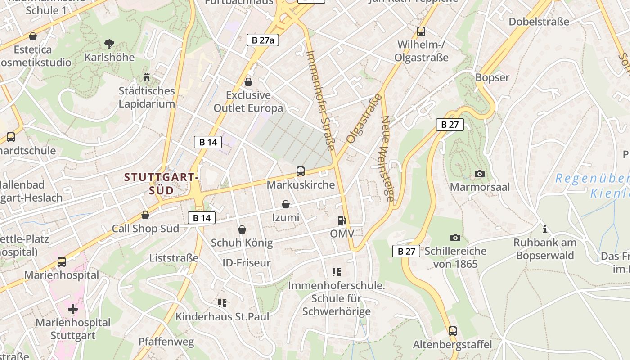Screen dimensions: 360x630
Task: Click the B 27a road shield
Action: coord(263,40)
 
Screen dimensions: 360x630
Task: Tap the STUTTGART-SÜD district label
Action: coord(162,184)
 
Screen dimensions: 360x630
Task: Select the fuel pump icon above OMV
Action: coord(342,220)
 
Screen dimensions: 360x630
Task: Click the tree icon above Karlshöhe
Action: coord(109,44)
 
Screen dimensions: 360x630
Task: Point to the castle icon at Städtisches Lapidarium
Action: coord(146,77)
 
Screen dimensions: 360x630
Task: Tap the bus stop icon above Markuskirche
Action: coord(301,171)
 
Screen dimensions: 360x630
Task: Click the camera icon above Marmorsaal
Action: coord(480,174)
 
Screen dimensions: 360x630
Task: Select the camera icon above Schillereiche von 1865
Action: coord(455,238)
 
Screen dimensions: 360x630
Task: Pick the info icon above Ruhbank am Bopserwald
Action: coord(545,229)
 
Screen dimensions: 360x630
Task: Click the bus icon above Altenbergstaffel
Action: coord(452,331)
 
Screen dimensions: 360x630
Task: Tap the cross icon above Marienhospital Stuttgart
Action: coord(73,309)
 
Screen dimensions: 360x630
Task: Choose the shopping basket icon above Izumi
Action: coord(285,205)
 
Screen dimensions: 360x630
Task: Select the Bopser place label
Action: coord(492,77)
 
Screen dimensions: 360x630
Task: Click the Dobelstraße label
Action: coord(539,22)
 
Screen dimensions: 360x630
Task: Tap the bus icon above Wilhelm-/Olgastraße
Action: coord(421,31)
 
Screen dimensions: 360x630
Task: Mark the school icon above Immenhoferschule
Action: coord(336,272)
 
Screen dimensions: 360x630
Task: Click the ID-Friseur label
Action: coord(247,263)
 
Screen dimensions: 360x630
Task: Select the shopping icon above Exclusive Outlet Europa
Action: coord(248,82)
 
